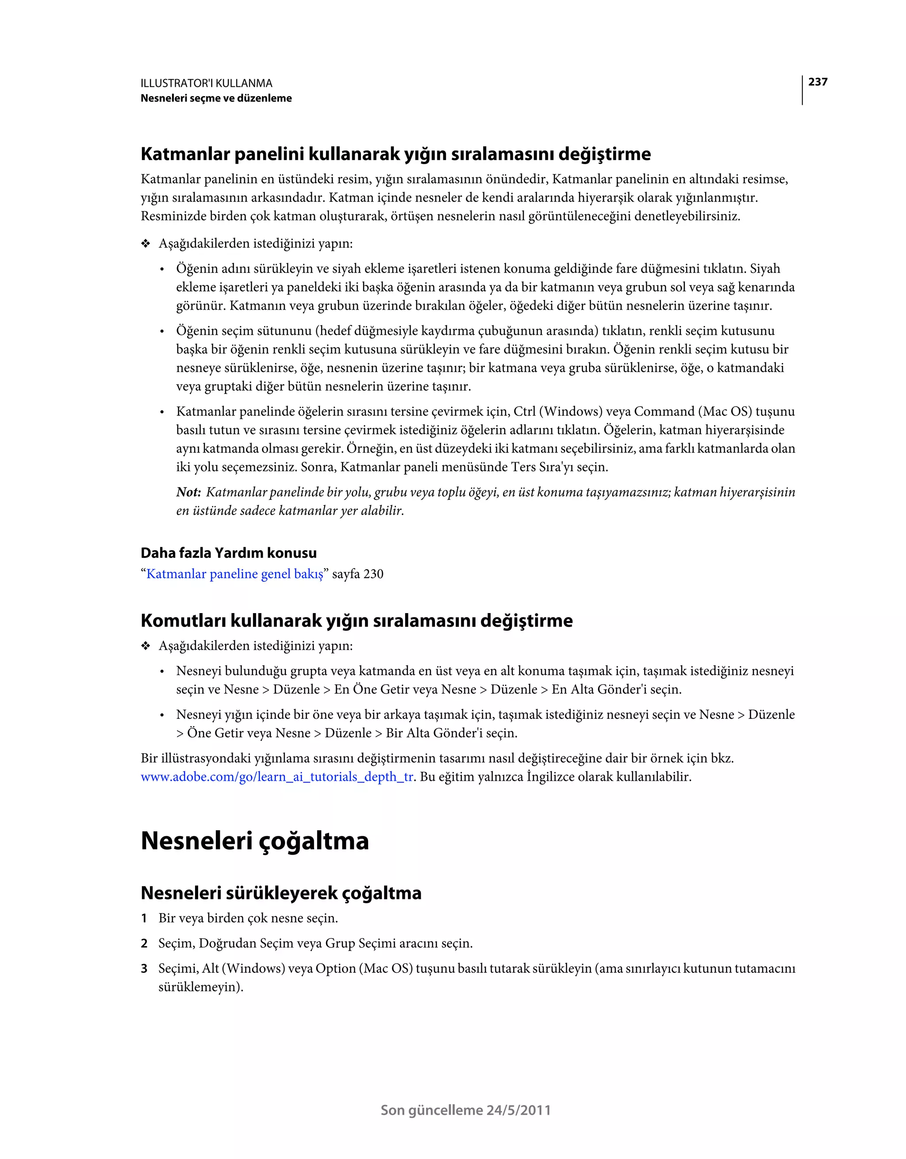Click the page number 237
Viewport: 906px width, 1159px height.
(x=818, y=82)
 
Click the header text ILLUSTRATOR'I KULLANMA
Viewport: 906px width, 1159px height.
(x=207, y=83)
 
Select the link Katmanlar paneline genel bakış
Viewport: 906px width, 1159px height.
(x=234, y=574)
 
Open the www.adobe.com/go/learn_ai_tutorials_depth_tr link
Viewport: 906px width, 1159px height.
(x=276, y=777)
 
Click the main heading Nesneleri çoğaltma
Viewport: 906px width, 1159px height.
(x=254, y=841)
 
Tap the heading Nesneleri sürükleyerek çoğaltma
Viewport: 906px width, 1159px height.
(x=281, y=893)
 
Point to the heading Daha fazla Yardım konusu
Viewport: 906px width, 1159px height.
(x=228, y=553)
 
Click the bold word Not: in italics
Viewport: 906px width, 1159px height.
(x=188, y=492)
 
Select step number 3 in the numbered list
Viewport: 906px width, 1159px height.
(x=144, y=969)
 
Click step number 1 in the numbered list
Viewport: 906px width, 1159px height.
(x=144, y=919)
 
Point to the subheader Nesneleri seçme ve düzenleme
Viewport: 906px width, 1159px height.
(x=216, y=98)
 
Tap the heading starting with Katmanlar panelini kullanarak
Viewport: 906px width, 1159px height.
(x=395, y=154)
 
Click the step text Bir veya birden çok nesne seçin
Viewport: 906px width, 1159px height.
(x=248, y=919)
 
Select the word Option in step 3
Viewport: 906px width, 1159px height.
(x=335, y=969)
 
